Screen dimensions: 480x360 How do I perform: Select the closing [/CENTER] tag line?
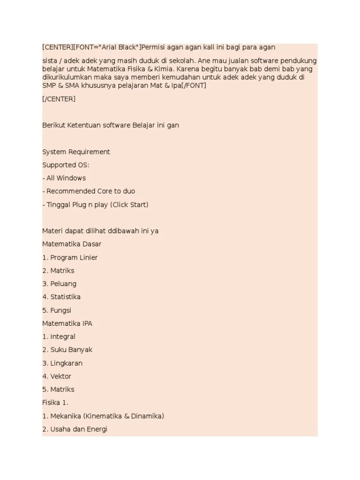(59, 99)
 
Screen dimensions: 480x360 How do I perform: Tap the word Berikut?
(53, 126)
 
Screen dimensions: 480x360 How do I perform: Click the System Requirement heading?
(76, 152)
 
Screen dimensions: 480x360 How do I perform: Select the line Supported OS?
(66, 165)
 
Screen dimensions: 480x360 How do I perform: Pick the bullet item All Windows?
(66, 178)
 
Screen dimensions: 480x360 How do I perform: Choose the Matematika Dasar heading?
(72, 244)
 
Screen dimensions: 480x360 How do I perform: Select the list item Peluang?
(63, 284)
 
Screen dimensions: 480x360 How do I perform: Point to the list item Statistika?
(65, 297)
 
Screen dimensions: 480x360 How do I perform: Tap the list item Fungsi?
(61, 310)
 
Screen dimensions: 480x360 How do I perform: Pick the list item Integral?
(62, 337)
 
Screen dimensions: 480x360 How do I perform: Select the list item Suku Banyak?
(71, 350)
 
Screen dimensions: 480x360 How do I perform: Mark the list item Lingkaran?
(66, 363)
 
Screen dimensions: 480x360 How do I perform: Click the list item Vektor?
(60, 376)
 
